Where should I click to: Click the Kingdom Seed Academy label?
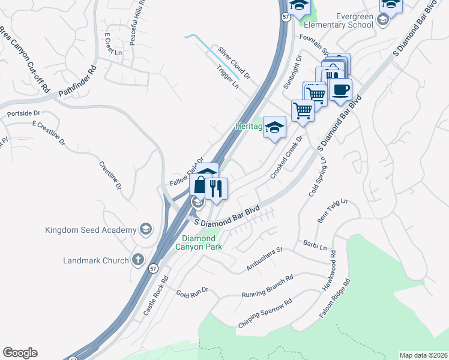91,230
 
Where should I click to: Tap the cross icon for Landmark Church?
137,260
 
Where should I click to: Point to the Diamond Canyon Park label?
199,242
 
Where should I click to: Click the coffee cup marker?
341,90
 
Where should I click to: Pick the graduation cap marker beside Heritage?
275,127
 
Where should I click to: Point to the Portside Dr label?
23,113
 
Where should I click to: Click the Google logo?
20,353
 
